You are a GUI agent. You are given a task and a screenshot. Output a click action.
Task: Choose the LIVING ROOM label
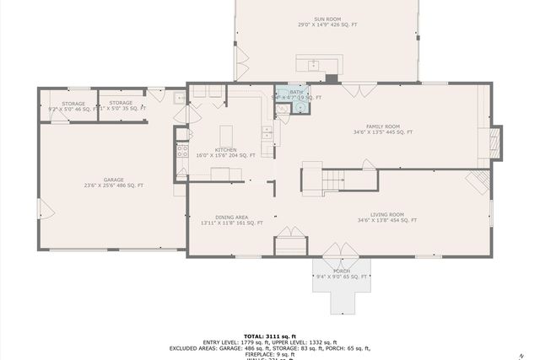pos(387,218)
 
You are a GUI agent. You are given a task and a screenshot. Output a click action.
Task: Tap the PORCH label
pos(341,273)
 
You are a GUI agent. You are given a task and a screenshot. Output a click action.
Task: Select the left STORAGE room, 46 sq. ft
pos(67,106)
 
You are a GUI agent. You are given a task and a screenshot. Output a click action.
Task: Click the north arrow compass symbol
pos(522,354)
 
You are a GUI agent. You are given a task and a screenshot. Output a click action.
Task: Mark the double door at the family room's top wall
pos(352,88)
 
